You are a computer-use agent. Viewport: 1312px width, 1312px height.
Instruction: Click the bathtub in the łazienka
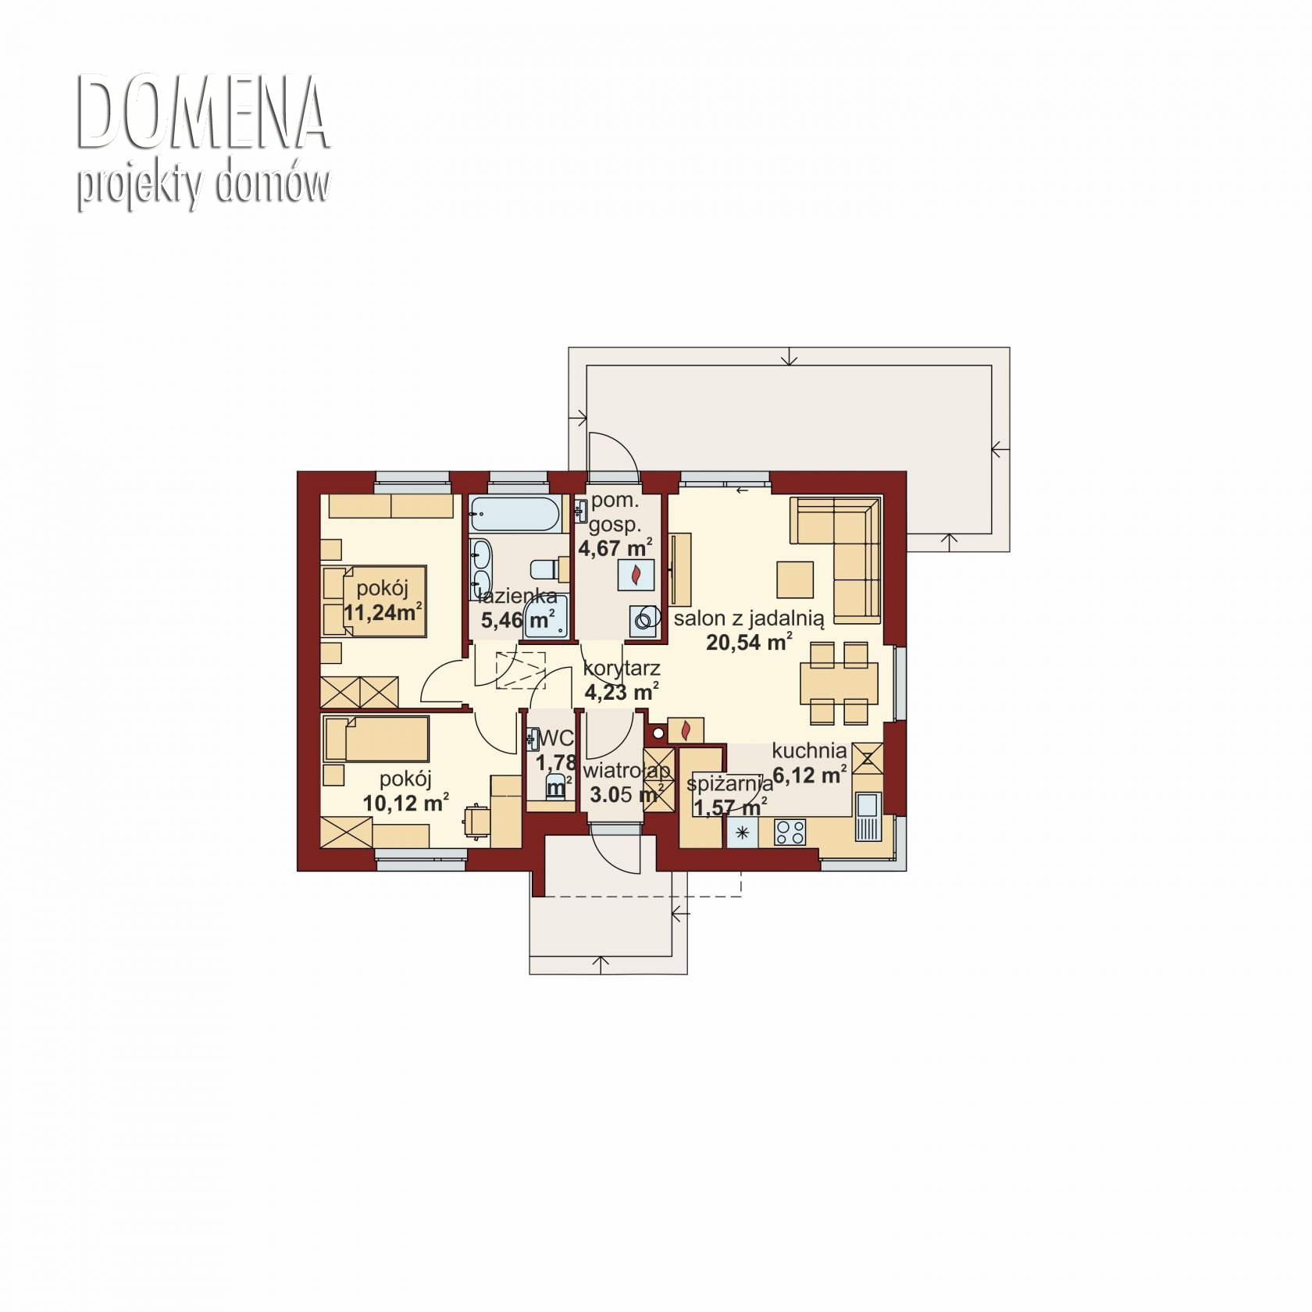515,515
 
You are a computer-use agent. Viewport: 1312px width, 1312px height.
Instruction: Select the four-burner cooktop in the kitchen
790,832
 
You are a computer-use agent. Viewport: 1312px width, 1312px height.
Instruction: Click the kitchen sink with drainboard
867,817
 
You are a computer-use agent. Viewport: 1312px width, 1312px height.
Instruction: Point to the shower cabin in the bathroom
546,615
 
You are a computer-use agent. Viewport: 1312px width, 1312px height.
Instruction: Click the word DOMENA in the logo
203,112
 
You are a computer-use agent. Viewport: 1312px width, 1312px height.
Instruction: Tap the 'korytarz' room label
622,668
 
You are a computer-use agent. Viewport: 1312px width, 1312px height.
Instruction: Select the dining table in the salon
839,683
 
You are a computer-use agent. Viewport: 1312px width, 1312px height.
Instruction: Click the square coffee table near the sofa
795,579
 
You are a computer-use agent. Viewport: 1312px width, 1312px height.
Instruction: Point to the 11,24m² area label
383,611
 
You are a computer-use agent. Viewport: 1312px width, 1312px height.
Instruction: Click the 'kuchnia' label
809,750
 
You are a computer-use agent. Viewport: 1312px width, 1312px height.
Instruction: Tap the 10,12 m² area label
405,803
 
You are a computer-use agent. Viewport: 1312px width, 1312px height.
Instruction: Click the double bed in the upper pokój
374,601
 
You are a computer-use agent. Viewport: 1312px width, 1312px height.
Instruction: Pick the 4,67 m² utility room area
615,547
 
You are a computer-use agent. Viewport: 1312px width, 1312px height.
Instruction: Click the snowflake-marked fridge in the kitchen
742,832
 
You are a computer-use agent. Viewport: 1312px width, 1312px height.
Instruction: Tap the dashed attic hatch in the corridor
521,669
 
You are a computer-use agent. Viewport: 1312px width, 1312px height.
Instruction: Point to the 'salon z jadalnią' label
749,619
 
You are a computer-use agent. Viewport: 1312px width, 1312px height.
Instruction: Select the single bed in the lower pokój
376,739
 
